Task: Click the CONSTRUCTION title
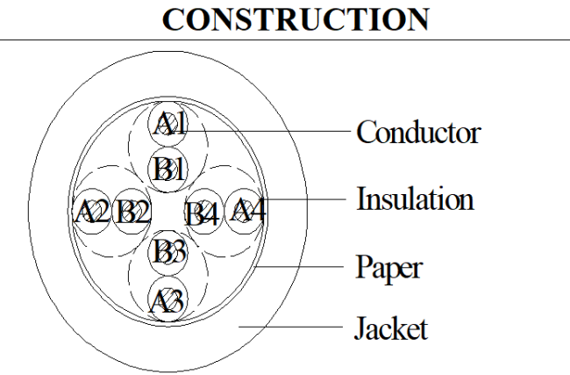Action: (296, 19)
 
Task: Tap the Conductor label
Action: (418, 132)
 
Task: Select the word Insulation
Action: (415, 198)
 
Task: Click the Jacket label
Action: (391, 328)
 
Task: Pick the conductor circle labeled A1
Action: (167, 125)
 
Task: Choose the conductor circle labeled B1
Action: (167, 169)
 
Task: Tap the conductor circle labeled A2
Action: (91, 212)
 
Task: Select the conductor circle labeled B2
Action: (132, 212)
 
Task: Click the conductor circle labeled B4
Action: (204, 212)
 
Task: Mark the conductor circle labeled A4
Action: (245, 212)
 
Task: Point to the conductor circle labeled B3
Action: (167, 252)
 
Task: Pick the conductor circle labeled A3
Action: (167, 299)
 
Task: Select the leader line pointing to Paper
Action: (299, 267)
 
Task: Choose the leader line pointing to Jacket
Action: (290, 327)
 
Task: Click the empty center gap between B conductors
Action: (167, 211)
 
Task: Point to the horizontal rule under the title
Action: (285, 40)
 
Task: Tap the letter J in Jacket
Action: (360, 328)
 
